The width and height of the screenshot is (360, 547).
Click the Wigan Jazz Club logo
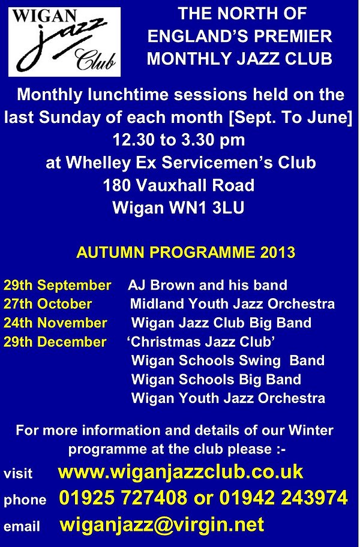(x=65, y=41)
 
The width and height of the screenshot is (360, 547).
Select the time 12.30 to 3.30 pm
(x=179, y=140)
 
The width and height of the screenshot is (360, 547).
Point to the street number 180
(x=117, y=185)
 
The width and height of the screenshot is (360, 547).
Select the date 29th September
(x=58, y=285)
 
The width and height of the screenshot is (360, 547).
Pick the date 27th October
(x=48, y=304)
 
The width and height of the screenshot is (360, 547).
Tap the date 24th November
(x=55, y=323)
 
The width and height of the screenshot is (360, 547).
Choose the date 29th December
(x=55, y=341)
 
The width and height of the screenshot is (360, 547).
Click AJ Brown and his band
(x=208, y=285)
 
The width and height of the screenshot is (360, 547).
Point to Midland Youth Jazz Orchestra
(x=232, y=304)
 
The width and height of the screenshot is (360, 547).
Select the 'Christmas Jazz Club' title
(x=201, y=341)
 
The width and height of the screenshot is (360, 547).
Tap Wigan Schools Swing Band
(x=228, y=360)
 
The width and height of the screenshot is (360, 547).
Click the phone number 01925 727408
(x=123, y=497)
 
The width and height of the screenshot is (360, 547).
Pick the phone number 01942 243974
(x=283, y=497)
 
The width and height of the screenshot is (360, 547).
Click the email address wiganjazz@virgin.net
(x=162, y=524)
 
